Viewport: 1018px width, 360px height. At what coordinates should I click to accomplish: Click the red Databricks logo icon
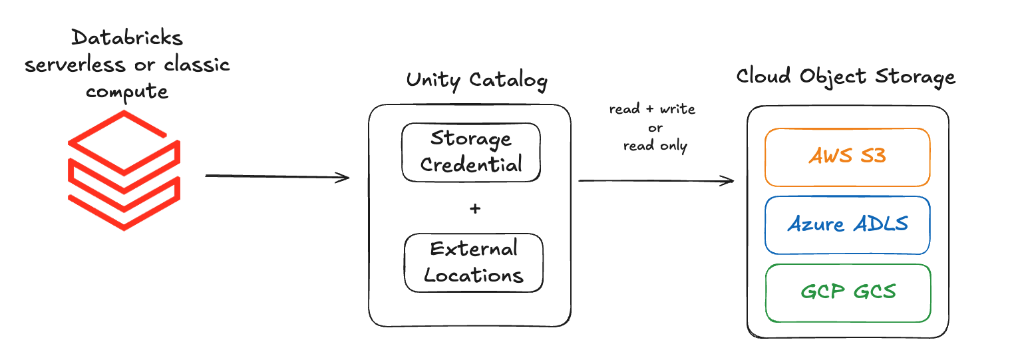[124, 171]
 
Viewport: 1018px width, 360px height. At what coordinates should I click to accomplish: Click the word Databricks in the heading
[126, 39]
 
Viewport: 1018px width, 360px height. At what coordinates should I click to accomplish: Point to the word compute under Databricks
[127, 91]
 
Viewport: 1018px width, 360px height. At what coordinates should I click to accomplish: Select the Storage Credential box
[471, 152]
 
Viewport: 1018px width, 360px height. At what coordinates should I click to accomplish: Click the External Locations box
[474, 263]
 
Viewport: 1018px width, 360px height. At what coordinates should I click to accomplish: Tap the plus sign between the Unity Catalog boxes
[474, 209]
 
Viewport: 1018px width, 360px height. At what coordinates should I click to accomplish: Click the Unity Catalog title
[476, 81]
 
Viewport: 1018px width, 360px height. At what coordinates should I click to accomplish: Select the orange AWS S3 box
[847, 157]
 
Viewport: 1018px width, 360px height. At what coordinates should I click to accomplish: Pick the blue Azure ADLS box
[847, 225]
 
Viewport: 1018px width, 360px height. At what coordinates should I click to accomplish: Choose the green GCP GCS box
[847, 292]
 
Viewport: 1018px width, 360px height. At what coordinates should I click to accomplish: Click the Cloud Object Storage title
[845, 77]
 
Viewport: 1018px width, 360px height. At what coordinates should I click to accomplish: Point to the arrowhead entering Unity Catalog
[344, 177]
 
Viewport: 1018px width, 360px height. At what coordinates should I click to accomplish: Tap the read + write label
[652, 110]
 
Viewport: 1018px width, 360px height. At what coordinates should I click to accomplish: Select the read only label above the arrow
[655, 146]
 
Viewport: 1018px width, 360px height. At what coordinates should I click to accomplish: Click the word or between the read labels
[655, 128]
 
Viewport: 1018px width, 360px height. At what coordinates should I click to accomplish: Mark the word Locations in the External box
[474, 275]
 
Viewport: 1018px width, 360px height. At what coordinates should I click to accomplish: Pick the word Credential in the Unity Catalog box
[471, 164]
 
